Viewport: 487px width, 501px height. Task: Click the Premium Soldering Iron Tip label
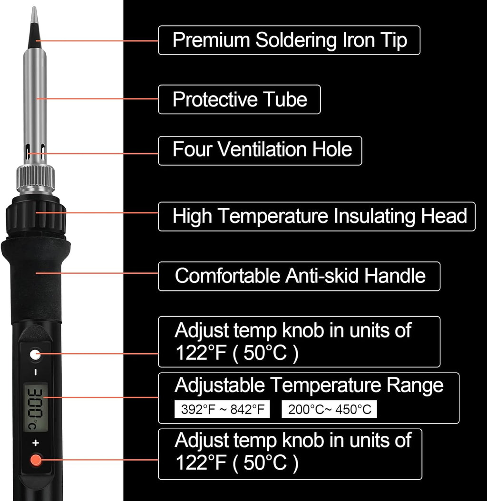point(289,40)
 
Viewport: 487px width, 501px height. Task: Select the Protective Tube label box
point(239,99)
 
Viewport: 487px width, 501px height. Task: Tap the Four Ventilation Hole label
point(260,150)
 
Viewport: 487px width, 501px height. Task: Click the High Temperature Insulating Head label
point(316,216)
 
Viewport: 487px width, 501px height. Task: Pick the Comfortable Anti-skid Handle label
point(299,276)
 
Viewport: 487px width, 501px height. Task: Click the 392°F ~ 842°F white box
point(222,409)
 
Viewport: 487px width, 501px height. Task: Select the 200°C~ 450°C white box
point(329,409)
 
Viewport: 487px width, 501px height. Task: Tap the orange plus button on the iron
point(36,460)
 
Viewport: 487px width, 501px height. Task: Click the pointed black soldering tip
point(34,33)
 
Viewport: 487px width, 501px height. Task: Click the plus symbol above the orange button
point(35,443)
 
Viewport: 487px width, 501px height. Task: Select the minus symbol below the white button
point(35,372)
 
